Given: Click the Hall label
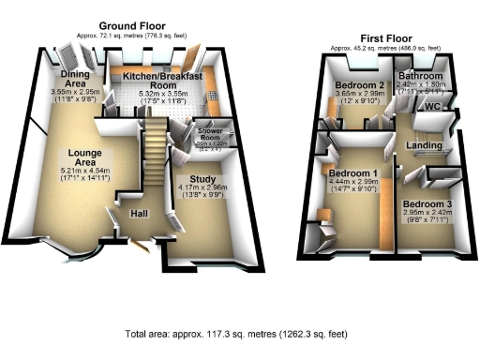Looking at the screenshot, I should tap(142, 213).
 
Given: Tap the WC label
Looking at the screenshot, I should tap(432, 107).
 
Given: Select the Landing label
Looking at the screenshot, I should tap(425, 145).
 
